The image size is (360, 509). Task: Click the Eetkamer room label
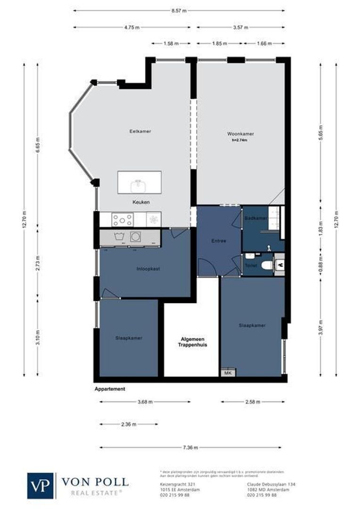pos(140,131)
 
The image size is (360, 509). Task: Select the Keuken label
pos(141,202)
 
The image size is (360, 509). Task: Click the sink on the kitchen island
pos(139,183)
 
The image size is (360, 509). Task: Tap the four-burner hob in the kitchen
pos(123,219)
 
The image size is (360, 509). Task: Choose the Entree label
pos(219,241)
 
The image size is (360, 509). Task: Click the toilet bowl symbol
pos(266,265)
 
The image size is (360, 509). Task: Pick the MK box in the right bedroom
pos(228,373)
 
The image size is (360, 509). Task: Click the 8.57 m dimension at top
pos(179,10)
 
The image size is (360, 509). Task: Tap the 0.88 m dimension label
pos(321,265)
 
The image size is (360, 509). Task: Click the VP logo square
pos(41,485)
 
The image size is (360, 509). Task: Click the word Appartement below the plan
pos(110,389)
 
